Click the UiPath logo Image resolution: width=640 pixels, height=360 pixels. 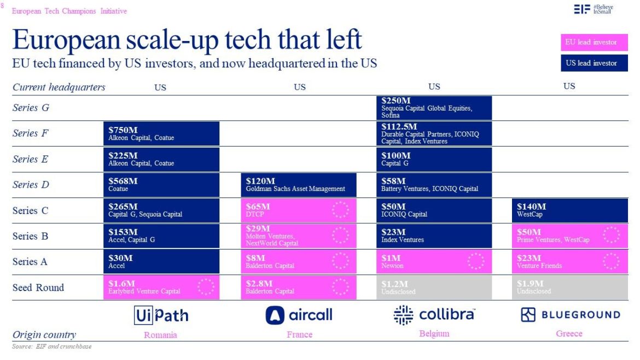click(x=161, y=315)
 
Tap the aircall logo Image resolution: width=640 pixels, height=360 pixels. click(x=299, y=315)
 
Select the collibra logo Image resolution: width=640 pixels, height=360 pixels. click(x=434, y=315)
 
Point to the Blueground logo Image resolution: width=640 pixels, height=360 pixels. click(x=570, y=315)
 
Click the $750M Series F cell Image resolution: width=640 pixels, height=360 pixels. click(x=161, y=133)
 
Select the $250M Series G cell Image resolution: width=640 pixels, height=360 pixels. click(x=436, y=108)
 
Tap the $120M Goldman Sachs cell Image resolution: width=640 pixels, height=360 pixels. click(x=299, y=185)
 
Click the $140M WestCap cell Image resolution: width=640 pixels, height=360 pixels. click(x=570, y=211)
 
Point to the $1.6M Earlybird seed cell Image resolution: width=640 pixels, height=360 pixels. click(x=161, y=287)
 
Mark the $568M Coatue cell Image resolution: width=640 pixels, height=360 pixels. click(x=161, y=185)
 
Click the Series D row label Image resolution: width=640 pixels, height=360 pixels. click(x=31, y=185)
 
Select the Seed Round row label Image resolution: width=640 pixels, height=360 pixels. click(x=38, y=287)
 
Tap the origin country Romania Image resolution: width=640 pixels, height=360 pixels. click(x=160, y=335)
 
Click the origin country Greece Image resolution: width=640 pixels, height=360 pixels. click(x=569, y=334)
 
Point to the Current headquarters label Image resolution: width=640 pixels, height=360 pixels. click(x=59, y=87)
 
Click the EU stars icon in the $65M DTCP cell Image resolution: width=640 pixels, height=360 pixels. click(x=340, y=211)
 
